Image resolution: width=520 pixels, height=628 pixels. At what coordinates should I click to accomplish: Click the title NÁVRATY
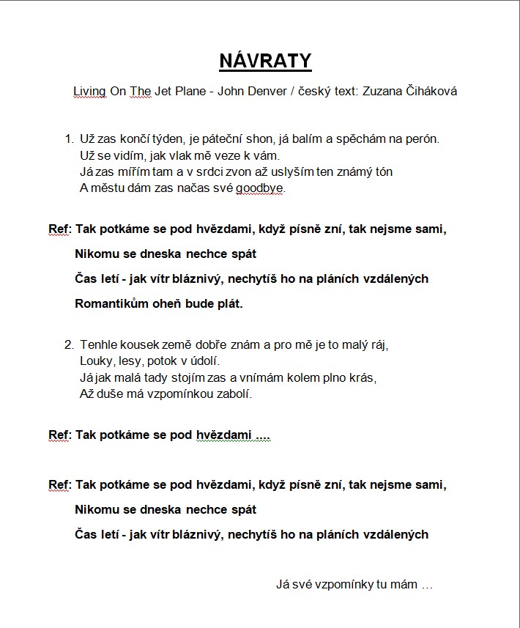265,61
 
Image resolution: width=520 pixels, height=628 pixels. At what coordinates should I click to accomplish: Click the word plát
228,303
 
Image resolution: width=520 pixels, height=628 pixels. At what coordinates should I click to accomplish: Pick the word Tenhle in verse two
98,344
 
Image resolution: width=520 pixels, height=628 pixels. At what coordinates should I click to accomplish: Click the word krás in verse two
362,378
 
